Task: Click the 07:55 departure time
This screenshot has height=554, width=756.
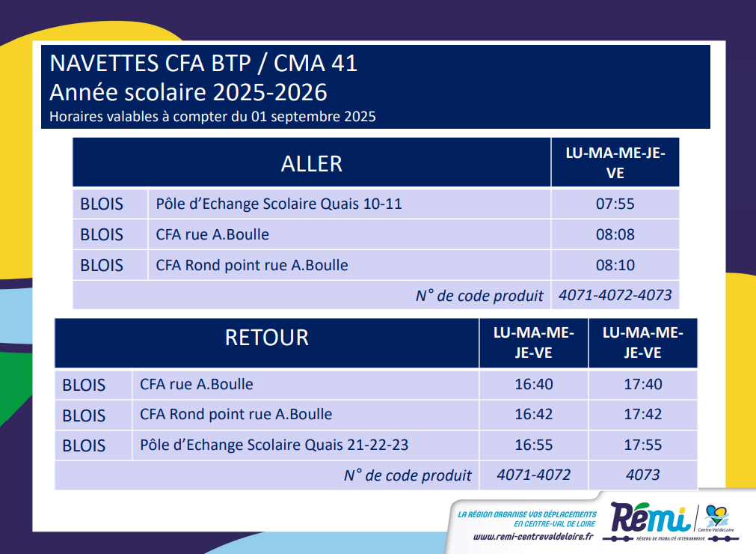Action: (x=615, y=204)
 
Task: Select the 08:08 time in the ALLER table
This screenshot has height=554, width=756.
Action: (x=615, y=234)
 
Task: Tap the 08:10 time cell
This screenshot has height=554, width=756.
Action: (x=615, y=265)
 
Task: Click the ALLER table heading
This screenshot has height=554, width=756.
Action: (x=312, y=164)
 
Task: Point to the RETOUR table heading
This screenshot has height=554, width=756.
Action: (x=267, y=338)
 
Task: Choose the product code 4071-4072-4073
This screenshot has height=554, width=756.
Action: (x=615, y=295)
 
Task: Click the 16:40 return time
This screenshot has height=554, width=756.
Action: (x=534, y=384)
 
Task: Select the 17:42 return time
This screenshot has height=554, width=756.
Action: (x=642, y=415)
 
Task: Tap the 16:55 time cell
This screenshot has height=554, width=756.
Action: (x=534, y=445)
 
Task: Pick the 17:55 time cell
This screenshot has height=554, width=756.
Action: (x=642, y=445)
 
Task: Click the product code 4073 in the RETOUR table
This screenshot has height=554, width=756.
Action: (x=642, y=475)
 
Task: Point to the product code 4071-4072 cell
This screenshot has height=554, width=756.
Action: (x=534, y=475)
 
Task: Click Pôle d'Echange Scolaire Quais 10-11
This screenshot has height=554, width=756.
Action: (x=279, y=204)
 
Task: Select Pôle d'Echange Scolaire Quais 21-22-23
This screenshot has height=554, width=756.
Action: (x=274, y=445)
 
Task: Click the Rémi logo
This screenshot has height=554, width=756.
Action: (x=650, y=518)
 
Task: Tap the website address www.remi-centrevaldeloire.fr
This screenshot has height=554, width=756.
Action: (x=533, y=537)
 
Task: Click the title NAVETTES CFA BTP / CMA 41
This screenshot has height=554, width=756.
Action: (x=203, y=63)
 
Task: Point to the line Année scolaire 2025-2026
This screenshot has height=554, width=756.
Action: (x=188, y=92)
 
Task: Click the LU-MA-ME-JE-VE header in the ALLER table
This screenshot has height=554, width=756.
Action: (x=615, y=163)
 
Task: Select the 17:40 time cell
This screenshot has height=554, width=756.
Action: (x=642, y=384)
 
